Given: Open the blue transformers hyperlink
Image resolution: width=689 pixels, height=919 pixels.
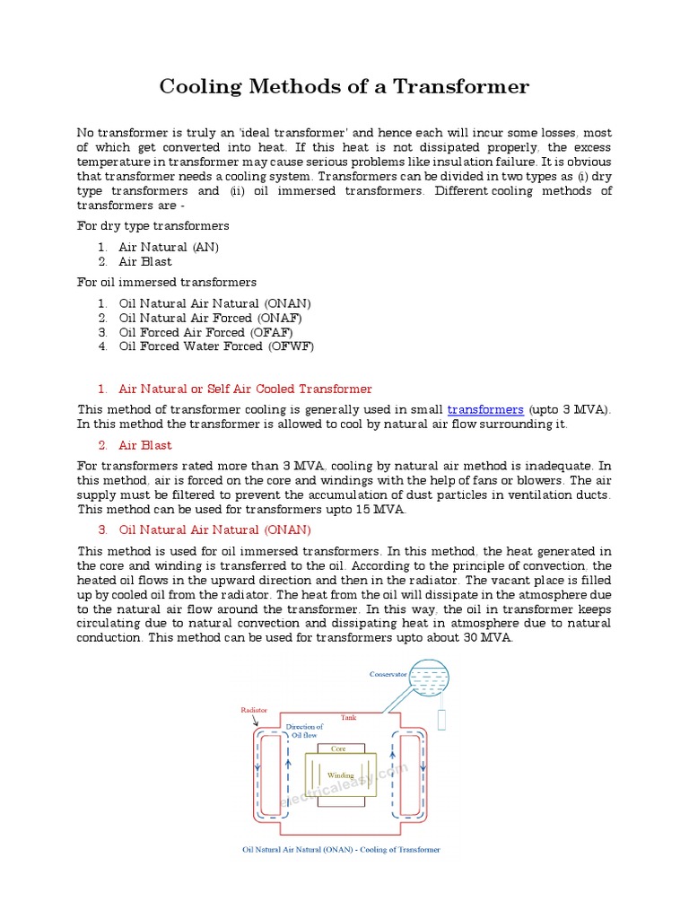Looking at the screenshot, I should pos(485,409).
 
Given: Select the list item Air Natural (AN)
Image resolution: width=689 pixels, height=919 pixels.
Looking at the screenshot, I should pos(169,247).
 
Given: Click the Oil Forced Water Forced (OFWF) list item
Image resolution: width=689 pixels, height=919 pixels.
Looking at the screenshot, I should pos(216,346).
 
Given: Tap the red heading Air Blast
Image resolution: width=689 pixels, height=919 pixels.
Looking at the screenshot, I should pos(145,445).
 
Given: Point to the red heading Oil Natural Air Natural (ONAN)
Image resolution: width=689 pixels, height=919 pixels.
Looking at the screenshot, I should pos(214,530).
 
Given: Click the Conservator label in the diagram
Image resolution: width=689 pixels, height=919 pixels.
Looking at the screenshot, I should pos(388,674).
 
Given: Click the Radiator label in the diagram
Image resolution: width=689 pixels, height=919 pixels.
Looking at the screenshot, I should pos(254,709).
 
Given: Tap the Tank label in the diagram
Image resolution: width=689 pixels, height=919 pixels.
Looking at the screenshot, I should pos(349,718).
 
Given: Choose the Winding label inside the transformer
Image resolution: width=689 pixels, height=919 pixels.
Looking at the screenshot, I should pos(340,775).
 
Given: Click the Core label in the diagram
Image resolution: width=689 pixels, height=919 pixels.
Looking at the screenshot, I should pos(338,748).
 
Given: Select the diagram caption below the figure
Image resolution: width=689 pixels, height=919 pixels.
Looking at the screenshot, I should pos(341,849).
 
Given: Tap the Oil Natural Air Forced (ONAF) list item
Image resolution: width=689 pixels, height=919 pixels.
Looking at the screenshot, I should pos(210,318).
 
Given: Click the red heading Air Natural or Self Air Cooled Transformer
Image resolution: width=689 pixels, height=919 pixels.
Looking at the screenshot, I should pos(245,389).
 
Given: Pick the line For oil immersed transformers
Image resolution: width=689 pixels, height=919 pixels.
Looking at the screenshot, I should pos(167,282).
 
